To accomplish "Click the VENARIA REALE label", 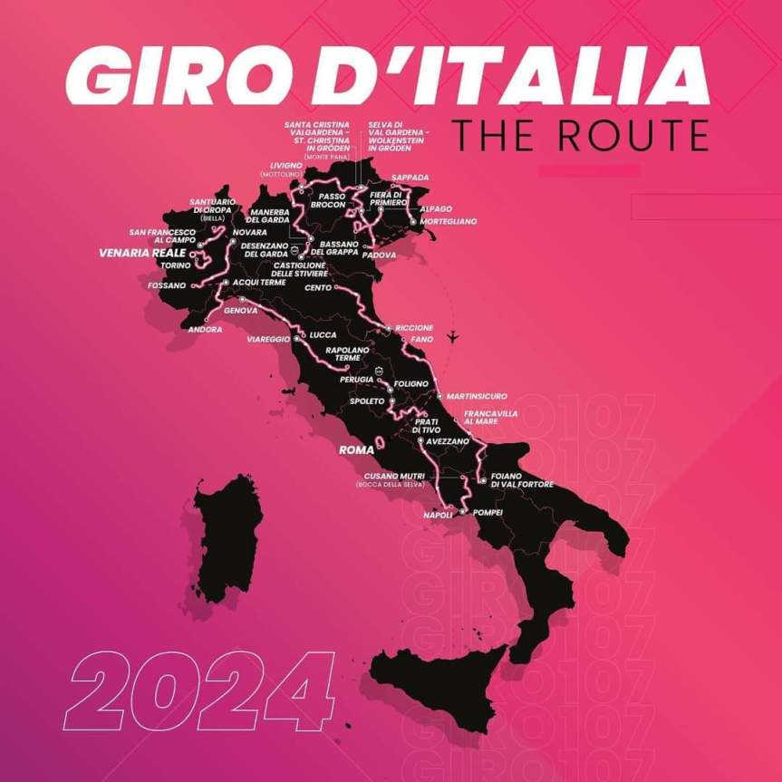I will tap(142, 253).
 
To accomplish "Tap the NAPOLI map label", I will tap(438, 515).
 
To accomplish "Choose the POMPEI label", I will tap(488, 512).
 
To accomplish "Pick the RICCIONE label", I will tap(414, 327).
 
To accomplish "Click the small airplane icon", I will tap(453, 337).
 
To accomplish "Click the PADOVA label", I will tap(379, 255).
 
